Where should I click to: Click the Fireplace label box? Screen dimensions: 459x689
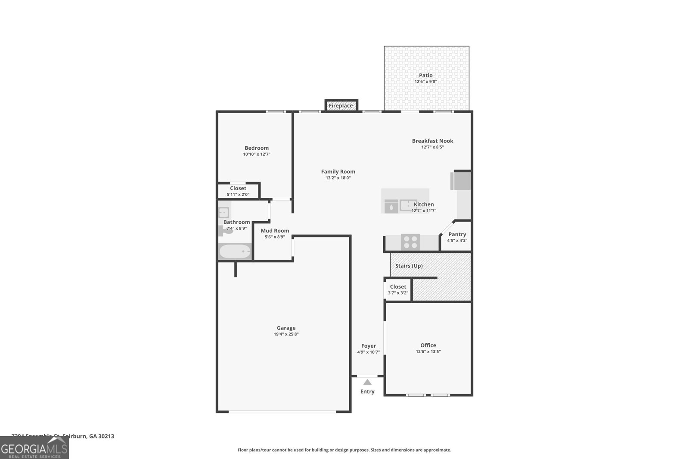coord(341,106)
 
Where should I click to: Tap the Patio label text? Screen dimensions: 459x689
coord(425,75)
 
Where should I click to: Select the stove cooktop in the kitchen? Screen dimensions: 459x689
coord(410,242)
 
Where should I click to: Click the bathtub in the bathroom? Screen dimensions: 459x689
coord(235,252)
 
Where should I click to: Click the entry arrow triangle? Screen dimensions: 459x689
coord(367,382)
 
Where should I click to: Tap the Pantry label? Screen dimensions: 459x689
coord(457,234)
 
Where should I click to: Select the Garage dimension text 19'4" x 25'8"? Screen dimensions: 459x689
coord(286,334)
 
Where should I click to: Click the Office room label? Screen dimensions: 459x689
coord(428,345)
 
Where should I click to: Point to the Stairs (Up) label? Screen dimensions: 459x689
coord(409,266)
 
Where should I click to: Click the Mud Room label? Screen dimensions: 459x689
coord(275,231)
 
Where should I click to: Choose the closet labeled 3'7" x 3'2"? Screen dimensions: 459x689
coord(398,290)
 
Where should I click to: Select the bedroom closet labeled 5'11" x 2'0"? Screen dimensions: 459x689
coord(238,191)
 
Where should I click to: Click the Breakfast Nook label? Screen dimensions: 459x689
coord(432,141)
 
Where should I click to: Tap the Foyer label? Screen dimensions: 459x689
coord(368,346)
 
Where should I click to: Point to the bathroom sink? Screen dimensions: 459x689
coord(223,212)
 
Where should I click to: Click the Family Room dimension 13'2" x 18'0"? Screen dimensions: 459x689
coord(338,178)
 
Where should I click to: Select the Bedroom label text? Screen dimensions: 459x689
coord(257,148)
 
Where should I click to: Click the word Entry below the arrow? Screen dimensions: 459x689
coord(367,391)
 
